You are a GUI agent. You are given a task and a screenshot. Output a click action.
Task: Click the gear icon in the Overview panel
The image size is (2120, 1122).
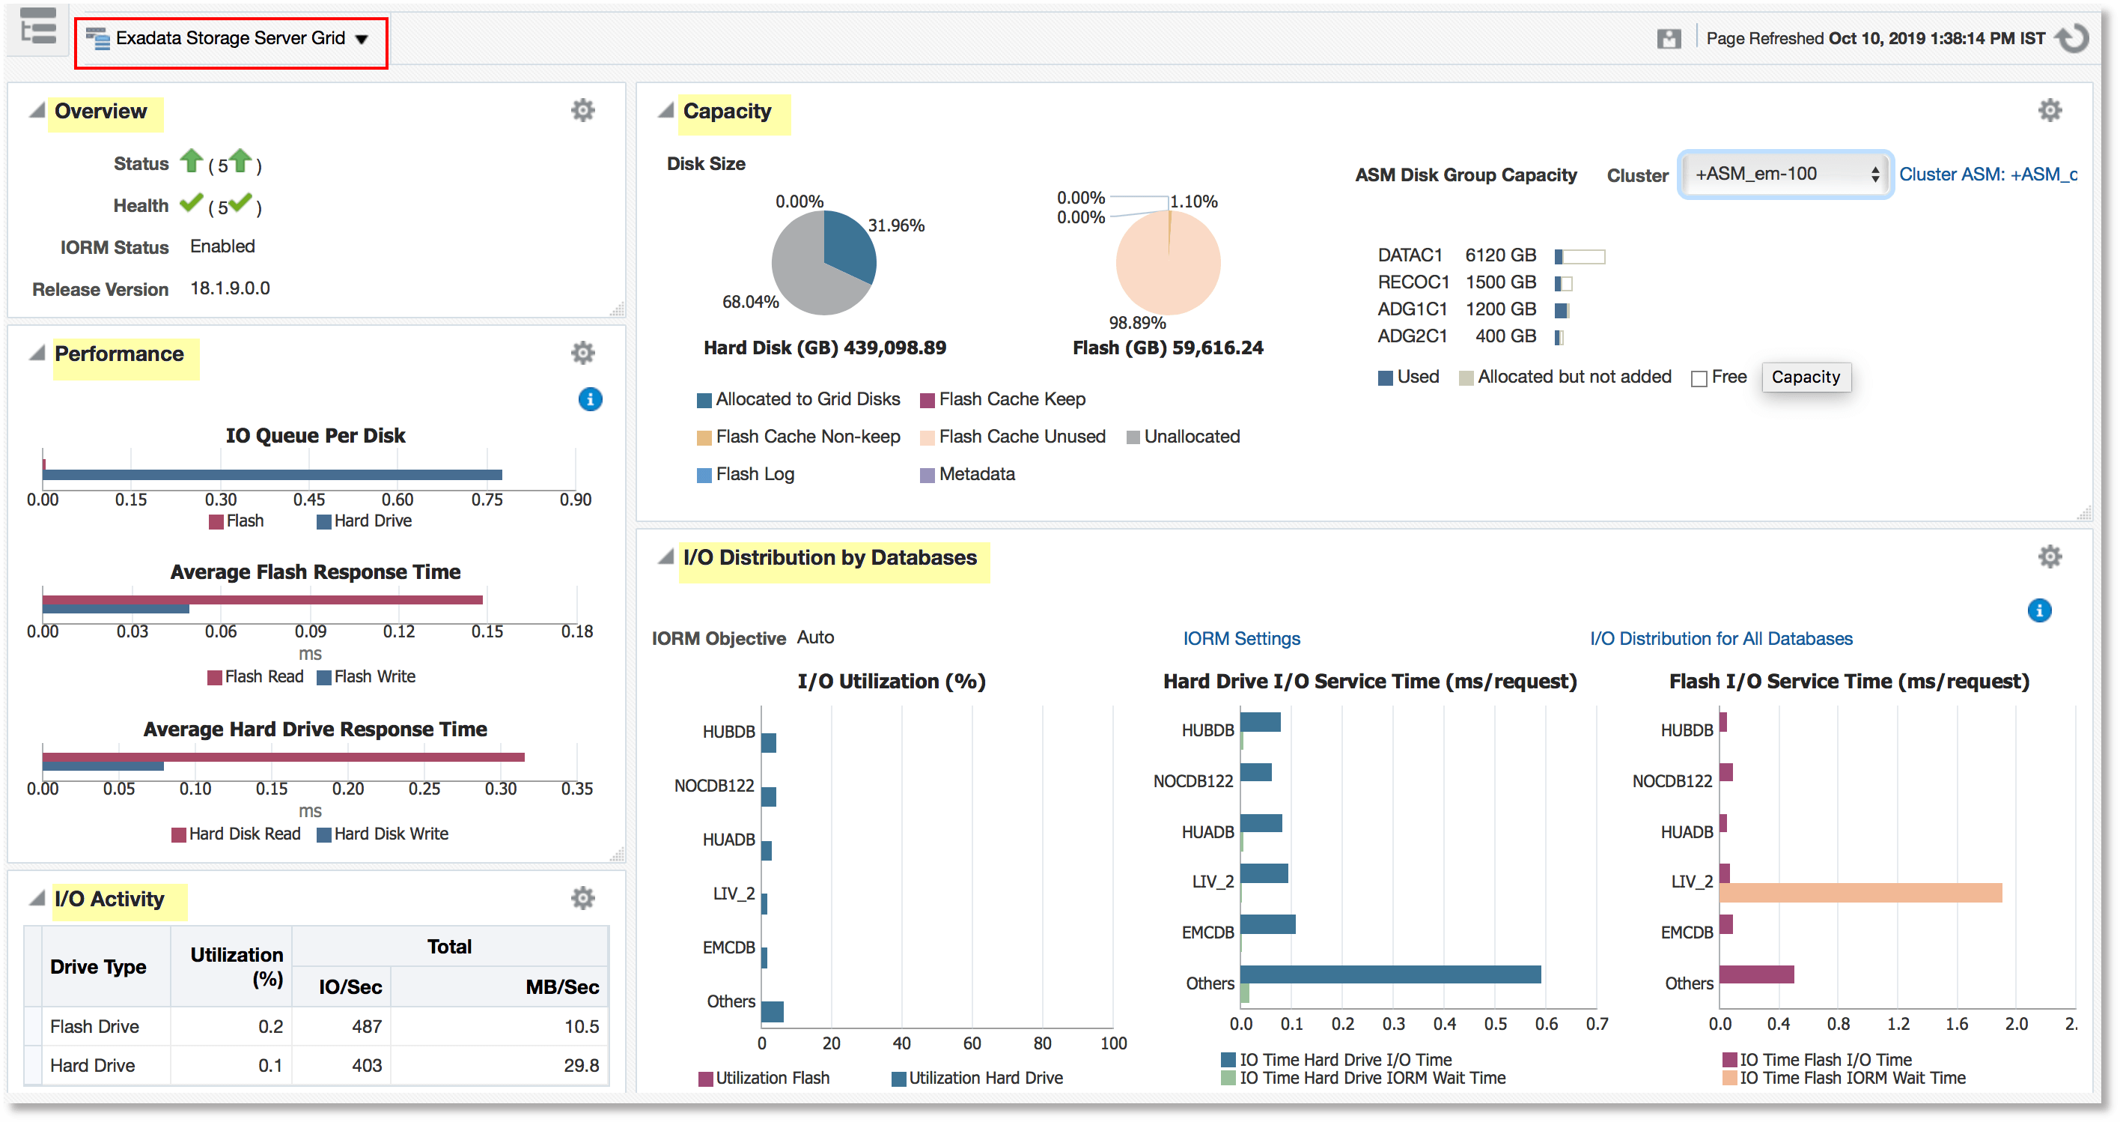click(x=582, y=110)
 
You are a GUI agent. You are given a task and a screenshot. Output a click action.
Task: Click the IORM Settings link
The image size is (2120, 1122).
click(x=1241, y=639)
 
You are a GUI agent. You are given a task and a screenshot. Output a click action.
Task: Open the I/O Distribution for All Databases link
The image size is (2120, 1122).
click(x=1721, y=639)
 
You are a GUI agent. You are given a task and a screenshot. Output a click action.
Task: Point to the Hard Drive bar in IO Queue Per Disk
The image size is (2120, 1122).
click(x=272, y=475)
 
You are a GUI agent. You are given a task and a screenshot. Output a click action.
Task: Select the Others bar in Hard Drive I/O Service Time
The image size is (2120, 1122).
click(x=1390, y=974)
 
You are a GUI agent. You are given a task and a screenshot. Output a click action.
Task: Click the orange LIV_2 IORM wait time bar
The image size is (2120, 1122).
click(x=1860, y=892)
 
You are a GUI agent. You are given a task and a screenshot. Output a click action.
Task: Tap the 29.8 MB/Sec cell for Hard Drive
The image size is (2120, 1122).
click(x=580, y=1065)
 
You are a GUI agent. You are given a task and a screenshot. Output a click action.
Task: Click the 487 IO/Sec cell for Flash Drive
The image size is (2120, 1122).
click(x=366, y=1027)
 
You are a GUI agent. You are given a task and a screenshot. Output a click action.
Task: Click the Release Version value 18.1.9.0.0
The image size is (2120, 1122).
click(x=230, y=289)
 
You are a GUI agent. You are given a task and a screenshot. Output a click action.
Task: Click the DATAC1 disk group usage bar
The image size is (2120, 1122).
click(x=1580, y=257)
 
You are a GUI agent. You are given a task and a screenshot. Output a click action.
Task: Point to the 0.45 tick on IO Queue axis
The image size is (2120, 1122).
click(x=309, y=500)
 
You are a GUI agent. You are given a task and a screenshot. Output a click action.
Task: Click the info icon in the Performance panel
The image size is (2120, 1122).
click(x=590, y=399)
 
